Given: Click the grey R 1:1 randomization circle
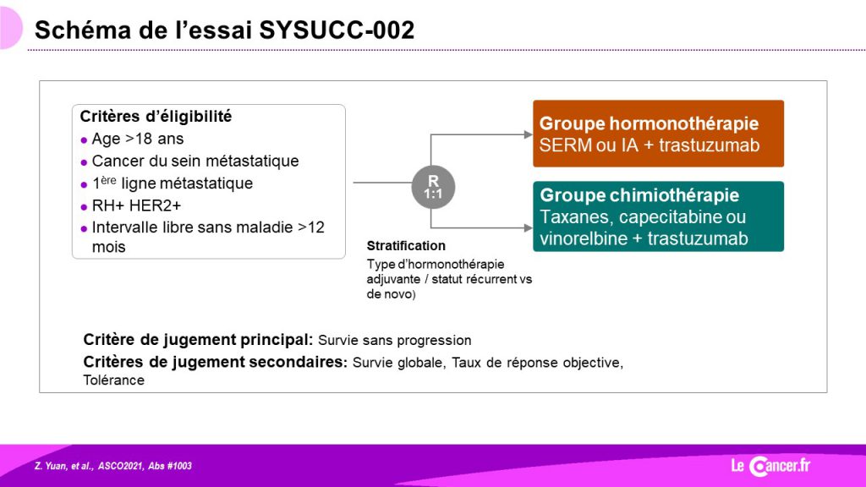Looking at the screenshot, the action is pyautogui.click(x=433, y=187).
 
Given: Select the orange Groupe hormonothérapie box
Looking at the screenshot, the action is pyautogui.click(x=658, y=134).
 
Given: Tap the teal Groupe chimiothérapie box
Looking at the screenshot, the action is pyautogui.click(x=658, y=216).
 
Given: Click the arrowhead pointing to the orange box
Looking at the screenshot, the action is pyautogui.click(x=529, y=134).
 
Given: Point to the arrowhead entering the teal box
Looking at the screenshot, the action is pyautogui.click(x=529, y=227).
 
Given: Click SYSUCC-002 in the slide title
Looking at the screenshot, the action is pyautogui.click(x=337, y=30).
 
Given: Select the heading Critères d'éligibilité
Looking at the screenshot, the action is pyautogui.click(x=156, y=117).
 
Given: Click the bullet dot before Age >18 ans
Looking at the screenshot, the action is pyautogui.click(x=84, y=140).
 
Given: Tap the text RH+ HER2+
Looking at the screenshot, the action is pyautogui.click(x=136, y=206).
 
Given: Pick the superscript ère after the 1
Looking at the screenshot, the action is pyautogui.click(x=108, y=180).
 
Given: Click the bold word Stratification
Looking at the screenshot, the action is pyautogui.click(x=406, y=246).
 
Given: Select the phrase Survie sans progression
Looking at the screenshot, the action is pyautogui.click(x=395, y=340).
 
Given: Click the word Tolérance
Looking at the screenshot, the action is pyautogui.click(x=114, y=380).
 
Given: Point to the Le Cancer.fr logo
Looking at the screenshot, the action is pyautogui.click(x=770, y=466).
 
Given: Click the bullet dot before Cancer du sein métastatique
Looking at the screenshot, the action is pyautogui.click(x=84, y=162).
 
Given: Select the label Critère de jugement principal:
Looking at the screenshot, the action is pyautogui.click(x=198, y=340).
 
